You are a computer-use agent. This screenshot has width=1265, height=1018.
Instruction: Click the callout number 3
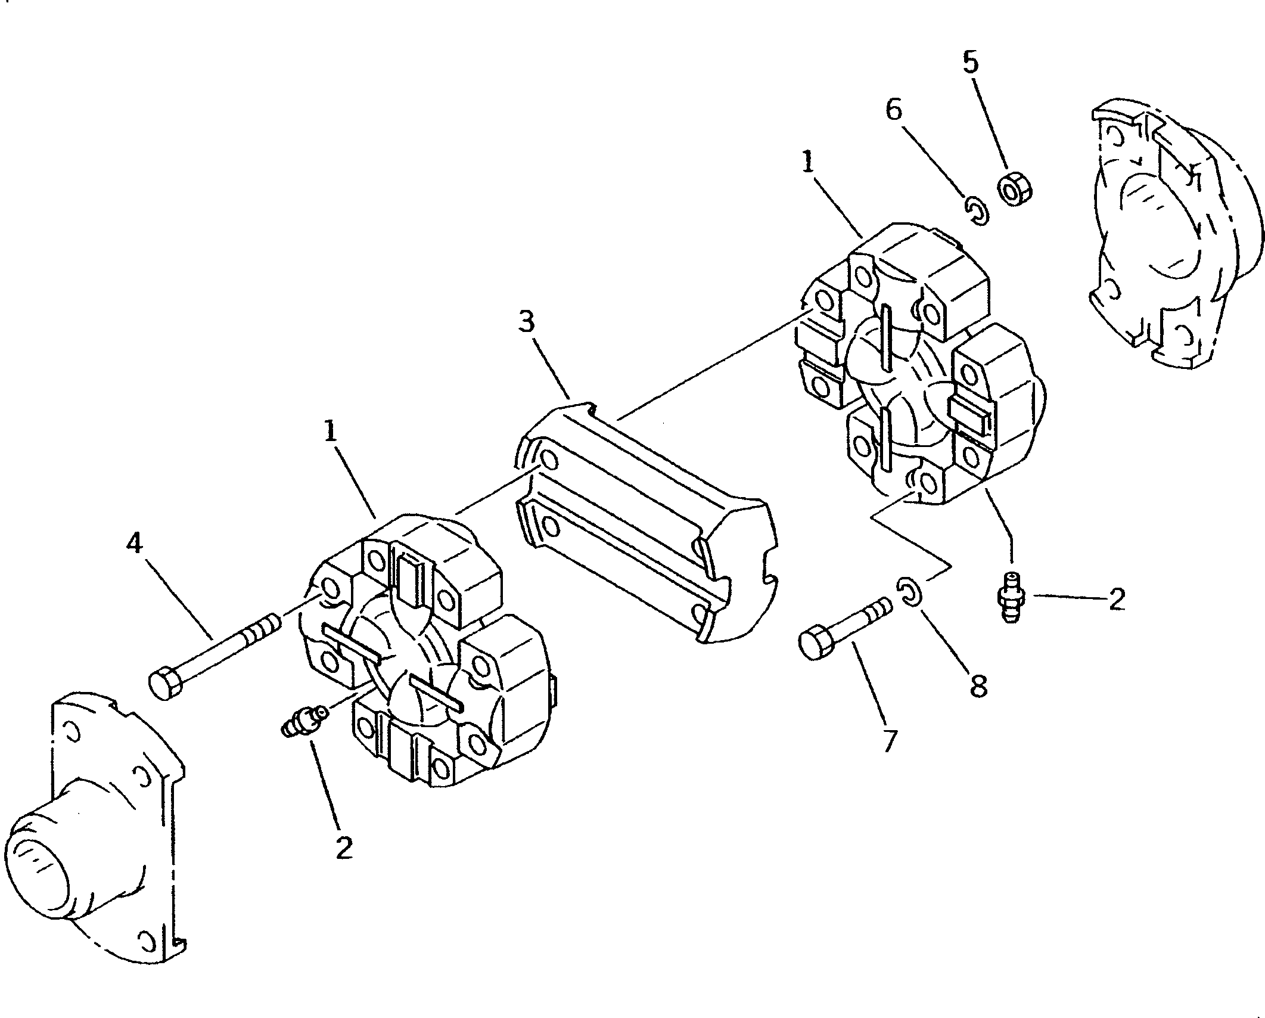(526, 324)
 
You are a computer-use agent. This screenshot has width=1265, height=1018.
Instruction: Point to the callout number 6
(894, 110)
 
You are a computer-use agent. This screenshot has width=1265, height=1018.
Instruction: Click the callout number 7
(889, 741)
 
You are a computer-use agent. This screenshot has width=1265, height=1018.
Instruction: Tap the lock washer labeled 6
(977, 212)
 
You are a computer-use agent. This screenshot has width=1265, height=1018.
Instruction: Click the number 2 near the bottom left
(343, 848)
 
